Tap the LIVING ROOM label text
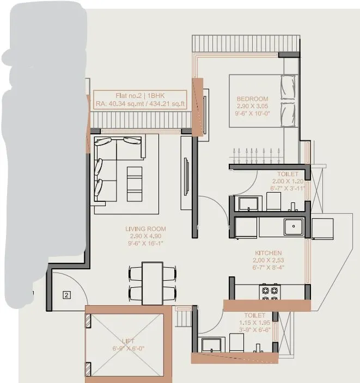(145, 229)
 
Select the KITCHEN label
(269, 253)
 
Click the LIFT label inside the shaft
(128, 341)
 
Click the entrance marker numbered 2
(66, 295)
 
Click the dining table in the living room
(153, 283)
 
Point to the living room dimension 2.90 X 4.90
(145, 236)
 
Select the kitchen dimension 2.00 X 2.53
(269, 260)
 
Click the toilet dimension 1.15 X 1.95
(254, 323)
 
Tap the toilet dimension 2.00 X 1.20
(288, 181)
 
